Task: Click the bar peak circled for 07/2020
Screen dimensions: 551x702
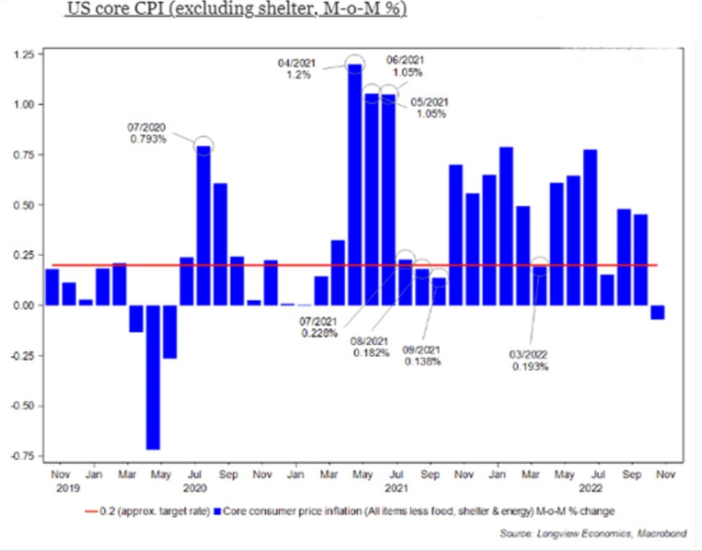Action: pyautogui.click(x=203, y=146)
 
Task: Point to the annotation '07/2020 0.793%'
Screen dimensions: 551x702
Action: pyautogui.click(x=147, y=132)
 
